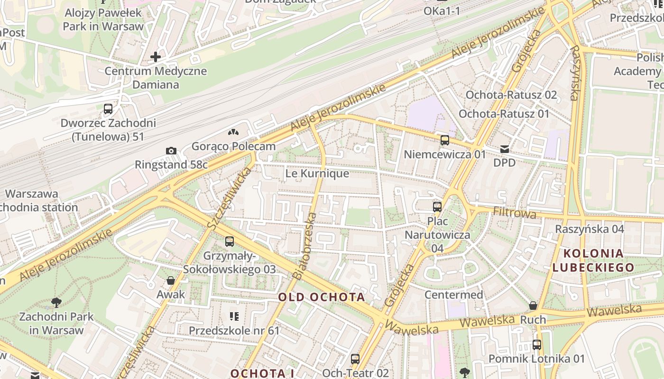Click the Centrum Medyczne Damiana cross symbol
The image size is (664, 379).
point(156,57)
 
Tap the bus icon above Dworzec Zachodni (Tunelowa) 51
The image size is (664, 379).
point(108,109)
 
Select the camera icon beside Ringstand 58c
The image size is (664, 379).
point(171,151)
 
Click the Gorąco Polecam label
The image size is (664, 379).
point(233,146)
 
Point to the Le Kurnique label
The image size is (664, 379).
point(317,173)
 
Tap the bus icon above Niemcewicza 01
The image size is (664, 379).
point(444,140)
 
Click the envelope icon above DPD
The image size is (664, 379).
point(504,149)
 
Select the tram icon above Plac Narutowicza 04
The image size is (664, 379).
point(437,207)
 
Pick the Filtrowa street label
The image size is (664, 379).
point(515,212)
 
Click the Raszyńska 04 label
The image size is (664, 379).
point(590,229)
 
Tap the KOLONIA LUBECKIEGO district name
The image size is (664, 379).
point(593,260)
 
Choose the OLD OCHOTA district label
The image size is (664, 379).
point(322,297)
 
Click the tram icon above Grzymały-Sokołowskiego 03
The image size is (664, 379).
point(230,242)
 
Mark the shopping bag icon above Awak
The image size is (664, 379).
point(171,280)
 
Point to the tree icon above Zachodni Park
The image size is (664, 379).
point(56,302)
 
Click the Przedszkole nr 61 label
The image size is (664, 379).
point(234,330)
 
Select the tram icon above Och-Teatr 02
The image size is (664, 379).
point(355,359)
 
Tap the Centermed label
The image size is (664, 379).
point(453,295)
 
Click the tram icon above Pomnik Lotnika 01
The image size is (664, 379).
point(536,344)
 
